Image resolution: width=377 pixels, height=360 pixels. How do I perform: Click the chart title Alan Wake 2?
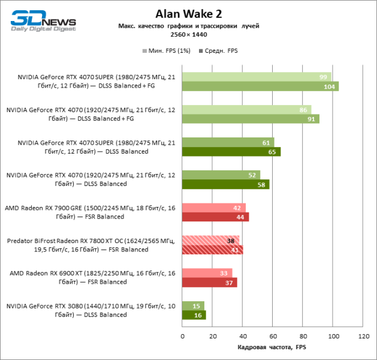188,14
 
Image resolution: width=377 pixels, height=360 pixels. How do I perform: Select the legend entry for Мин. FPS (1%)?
165,51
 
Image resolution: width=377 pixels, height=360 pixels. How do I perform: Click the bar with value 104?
260,86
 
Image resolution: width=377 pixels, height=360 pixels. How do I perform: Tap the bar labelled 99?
257,77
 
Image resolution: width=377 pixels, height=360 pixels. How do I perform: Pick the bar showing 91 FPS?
251,119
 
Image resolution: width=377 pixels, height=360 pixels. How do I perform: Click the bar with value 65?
231,152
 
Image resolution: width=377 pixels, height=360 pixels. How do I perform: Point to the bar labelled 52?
221,175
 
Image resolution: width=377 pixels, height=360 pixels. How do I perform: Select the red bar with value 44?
215,217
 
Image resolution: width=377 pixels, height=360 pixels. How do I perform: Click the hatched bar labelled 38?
210,240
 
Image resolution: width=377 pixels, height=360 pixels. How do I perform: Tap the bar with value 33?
207,273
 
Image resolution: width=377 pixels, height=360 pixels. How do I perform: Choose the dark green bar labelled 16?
194,315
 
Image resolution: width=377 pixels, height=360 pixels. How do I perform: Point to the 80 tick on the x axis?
303,337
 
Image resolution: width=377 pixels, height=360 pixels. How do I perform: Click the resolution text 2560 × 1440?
188,35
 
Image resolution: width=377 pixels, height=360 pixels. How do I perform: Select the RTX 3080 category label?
91,310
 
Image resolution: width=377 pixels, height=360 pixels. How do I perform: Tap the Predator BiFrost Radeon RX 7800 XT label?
91,245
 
